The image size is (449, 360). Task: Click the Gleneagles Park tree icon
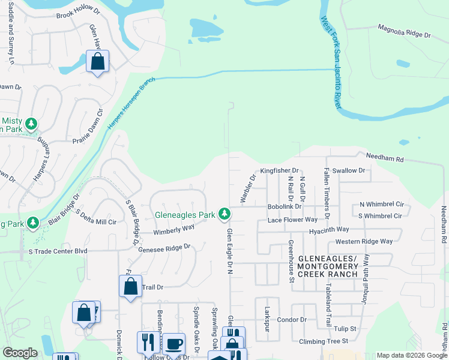click(224, 214)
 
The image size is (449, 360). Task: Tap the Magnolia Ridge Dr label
click(404, 31)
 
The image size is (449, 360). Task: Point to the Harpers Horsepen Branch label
click(131, 104)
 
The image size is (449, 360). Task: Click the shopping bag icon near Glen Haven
click(97, 62)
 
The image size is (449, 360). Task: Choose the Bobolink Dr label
click(284, 206)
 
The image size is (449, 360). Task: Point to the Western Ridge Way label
click(364, 241)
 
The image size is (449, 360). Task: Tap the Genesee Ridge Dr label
click(164, 247)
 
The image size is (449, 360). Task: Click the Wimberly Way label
click(173, 229)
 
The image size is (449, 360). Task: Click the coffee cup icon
click(173, 344)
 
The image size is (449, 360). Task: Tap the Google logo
click(20, 353)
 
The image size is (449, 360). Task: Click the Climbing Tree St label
click(324, 341)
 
